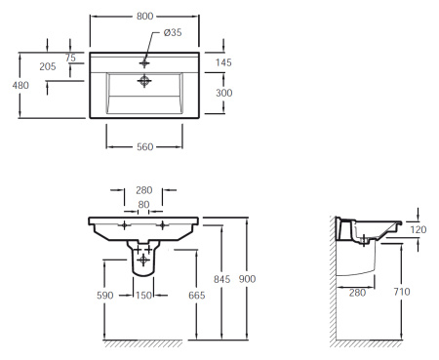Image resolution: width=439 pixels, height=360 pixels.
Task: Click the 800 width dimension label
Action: click(x=144, y=17)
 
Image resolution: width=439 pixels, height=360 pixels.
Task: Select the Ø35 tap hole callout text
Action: click(x=173, y=32)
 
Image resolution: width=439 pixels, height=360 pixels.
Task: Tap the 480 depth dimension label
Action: click(x=20, y=85)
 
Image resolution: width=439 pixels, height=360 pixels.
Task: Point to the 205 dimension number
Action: click(x=48, y=66)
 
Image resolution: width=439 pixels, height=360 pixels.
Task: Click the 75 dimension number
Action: click(x=70, y=58)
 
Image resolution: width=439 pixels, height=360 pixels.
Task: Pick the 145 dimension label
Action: click(x=223, y=62)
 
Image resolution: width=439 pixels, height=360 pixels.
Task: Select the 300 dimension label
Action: click(x=224, y=93)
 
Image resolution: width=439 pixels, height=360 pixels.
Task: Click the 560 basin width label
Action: click(x=144, y=147)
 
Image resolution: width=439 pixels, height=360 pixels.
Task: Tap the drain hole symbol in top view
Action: click(x=144, y=81)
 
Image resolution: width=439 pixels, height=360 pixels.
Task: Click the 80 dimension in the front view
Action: click(x=143, y=205)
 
